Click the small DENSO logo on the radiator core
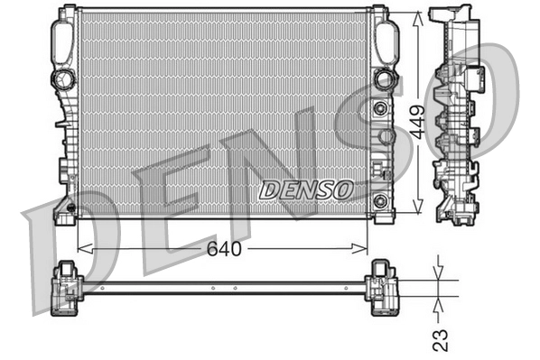pos(306,189)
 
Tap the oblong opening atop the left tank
pos(62,38)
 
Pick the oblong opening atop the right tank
pos(386,39)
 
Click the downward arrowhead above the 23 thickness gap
pos(437,274)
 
